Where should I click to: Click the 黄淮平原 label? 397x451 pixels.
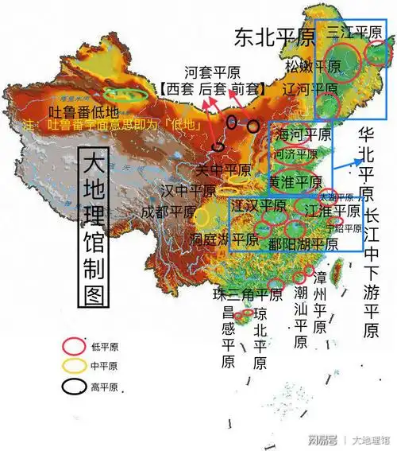point(297,181)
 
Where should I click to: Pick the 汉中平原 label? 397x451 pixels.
point(188,191)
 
